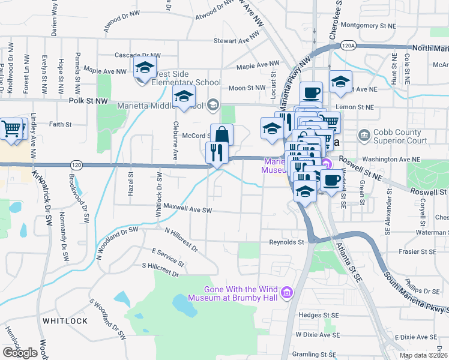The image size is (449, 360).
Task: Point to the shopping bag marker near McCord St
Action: coord(221,134)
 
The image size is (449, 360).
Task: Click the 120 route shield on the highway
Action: coord(76,164)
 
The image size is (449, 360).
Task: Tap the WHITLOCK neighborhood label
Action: coord(65,321)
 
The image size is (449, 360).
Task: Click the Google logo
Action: coord(20,353)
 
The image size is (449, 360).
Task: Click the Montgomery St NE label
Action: coord(368,26)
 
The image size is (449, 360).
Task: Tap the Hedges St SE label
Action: coord(319,314)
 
